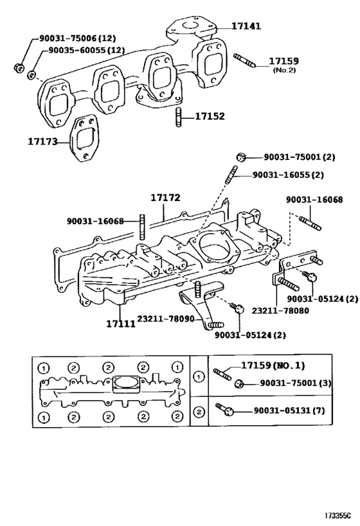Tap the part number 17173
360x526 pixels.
pos(42,140)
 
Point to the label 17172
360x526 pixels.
pos(166,199)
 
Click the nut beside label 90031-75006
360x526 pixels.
pos(19,67)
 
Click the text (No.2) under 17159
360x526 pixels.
pos(283,69)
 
